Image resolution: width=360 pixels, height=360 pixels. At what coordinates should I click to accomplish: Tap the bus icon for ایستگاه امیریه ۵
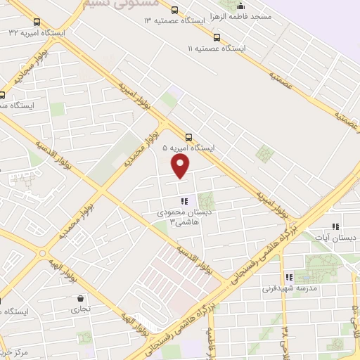coord(188,137)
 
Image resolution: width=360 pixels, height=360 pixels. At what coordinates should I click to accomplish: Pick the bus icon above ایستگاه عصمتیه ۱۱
coord(216,37)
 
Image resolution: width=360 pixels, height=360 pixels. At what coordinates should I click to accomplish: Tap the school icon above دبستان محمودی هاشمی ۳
coord(184,201)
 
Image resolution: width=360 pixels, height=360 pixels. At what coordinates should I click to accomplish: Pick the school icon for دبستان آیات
coord(335,226)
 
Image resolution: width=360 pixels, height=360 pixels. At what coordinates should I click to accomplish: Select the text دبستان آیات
coord(337,238)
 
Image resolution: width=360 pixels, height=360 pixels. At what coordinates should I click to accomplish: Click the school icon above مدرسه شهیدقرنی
coord(288,277)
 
